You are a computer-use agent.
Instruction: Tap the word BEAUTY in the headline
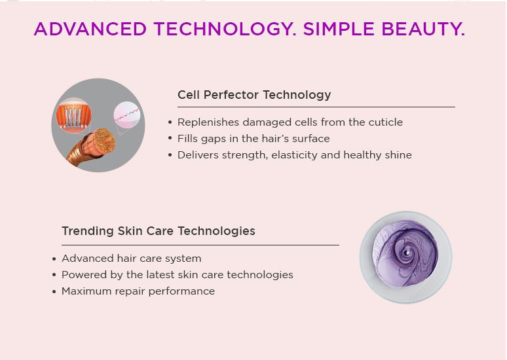423,29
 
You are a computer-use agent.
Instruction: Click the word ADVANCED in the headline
90,29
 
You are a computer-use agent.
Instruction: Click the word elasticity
294,154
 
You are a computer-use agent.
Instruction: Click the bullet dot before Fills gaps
170,138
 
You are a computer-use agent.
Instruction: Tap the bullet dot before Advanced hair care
54,259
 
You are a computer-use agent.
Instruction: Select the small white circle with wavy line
127,115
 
